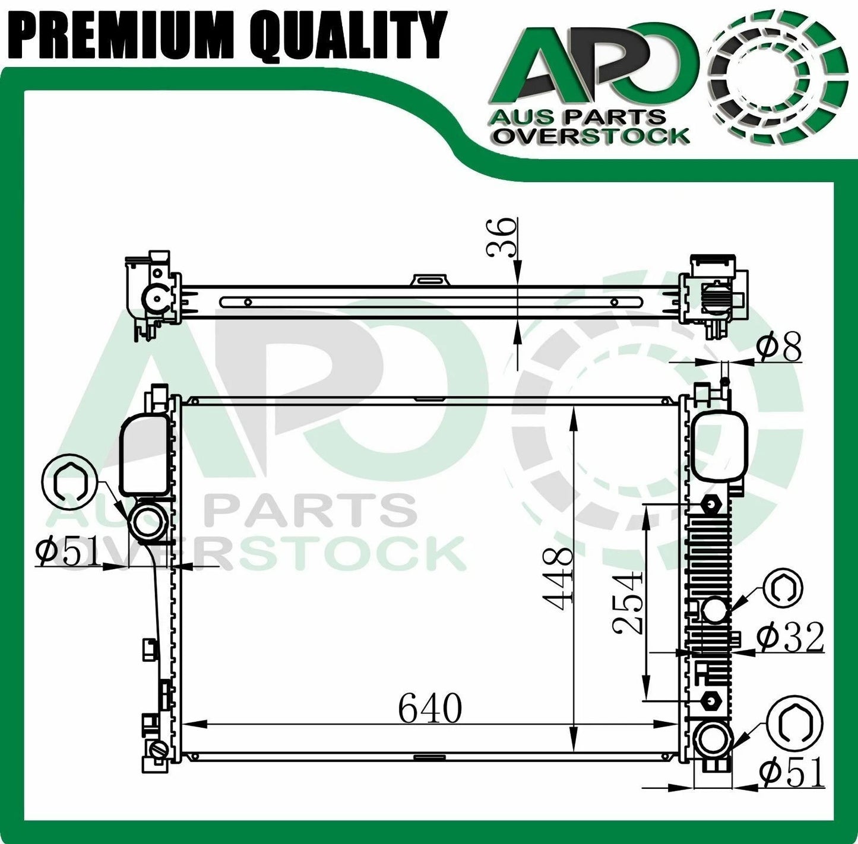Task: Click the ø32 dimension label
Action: pos(790,637)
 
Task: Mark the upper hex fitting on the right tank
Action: pos(711,505)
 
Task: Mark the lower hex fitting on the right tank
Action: pos(710,700)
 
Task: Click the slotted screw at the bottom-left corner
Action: pos(159,750)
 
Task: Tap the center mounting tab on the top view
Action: pos(431,280)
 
